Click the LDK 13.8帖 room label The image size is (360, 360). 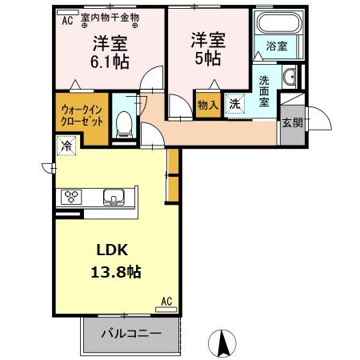pos(118,260)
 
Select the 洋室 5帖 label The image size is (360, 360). pos(207,48)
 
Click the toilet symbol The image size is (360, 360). pos(124,121)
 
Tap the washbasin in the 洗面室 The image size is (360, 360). pos(290,78)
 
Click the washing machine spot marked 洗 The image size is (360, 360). pos(234,103)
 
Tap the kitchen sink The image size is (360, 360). pos(112,197)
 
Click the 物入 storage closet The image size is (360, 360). pos(206,104)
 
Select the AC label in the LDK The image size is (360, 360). pos(167,301)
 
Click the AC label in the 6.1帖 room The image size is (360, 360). pos(67,17)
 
